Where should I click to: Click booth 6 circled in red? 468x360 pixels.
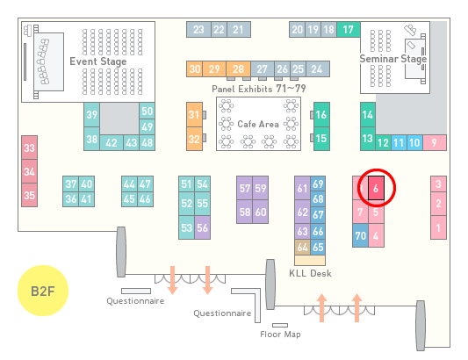pos(376,188)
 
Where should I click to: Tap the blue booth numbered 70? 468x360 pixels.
pos(360,235)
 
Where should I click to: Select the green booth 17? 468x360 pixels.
pos(349,29)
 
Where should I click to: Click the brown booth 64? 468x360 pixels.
pos(302,247)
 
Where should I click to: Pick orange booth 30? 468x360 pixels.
pos(194,69)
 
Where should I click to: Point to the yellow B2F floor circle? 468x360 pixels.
pos(43,291)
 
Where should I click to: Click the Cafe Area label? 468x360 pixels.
pos(258,124)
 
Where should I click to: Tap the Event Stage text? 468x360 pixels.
pos(98,61)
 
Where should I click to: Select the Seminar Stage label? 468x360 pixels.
pos(393,59)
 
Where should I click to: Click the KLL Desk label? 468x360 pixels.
pos(310,273)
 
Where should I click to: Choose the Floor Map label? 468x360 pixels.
pos(280,334)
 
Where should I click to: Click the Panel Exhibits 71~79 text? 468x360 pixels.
pos(259,89)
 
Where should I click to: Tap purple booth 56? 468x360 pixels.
pos(202,227)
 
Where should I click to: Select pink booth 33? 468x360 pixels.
pos(29,148)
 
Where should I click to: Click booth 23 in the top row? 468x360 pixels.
pos(198,29)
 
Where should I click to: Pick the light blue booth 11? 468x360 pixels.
pos(399,143)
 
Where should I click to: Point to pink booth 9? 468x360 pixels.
pos(435,143)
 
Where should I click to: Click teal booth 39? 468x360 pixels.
pos(91,115)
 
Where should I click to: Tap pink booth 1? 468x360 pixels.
pos(438,227)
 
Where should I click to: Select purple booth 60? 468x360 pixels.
pos(260,212)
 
